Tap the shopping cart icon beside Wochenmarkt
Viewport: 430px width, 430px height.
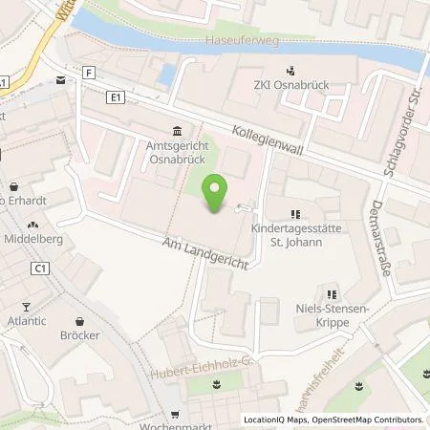pyautogui.click(x=175, y=416)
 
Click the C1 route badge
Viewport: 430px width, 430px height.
pyautogui.click(x=41, y=269)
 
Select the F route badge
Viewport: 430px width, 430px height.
pyautogui.click(x=89, y=72)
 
